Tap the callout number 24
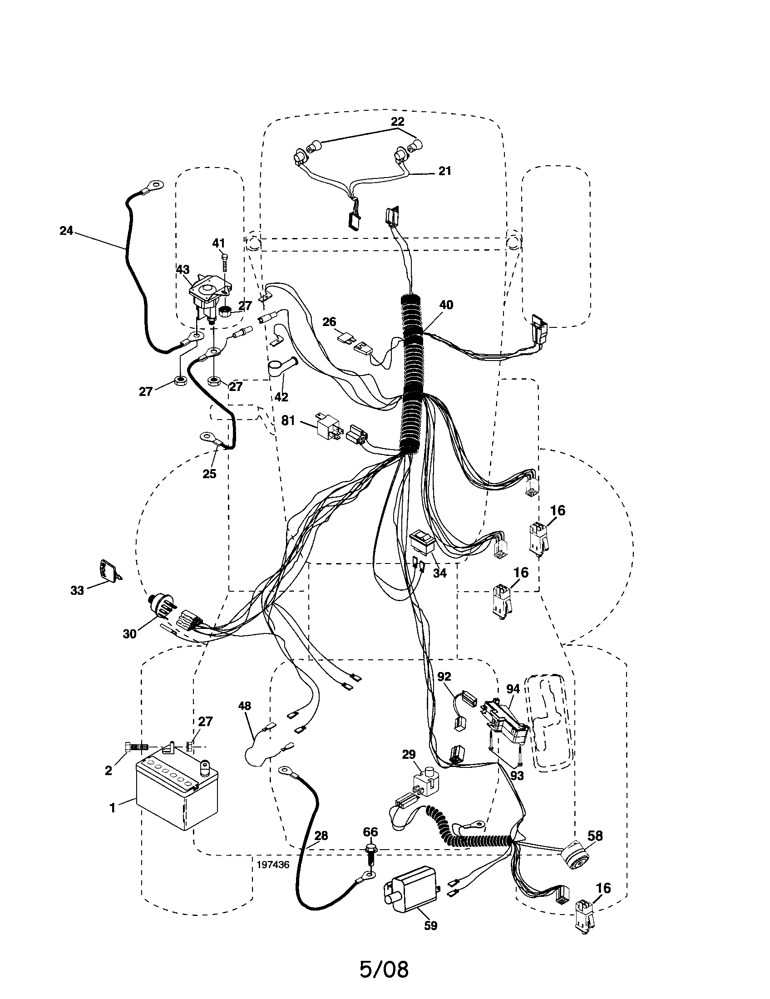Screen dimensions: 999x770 click(x=66, y=231)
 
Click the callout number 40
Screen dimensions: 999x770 click(x=446, y=305)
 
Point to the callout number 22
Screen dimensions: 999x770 click(x=397, y=122)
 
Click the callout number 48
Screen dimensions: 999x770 click(x=245, y=706)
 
